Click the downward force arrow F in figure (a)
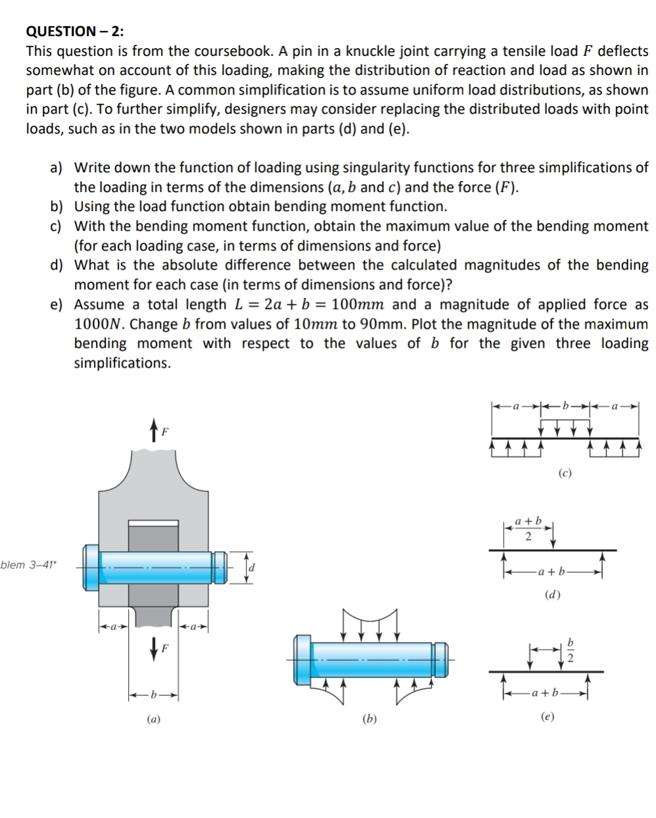(154, 648)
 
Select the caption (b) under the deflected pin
(369, 719)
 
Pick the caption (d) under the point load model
(553, 595)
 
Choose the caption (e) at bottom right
(548, 716)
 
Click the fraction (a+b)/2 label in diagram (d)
(528, 529)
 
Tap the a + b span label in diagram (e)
(545, 692)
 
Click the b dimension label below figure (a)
(153, 694)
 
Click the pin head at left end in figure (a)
(91, 565)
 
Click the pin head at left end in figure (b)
(302, 660)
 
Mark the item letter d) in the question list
(57, 266)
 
